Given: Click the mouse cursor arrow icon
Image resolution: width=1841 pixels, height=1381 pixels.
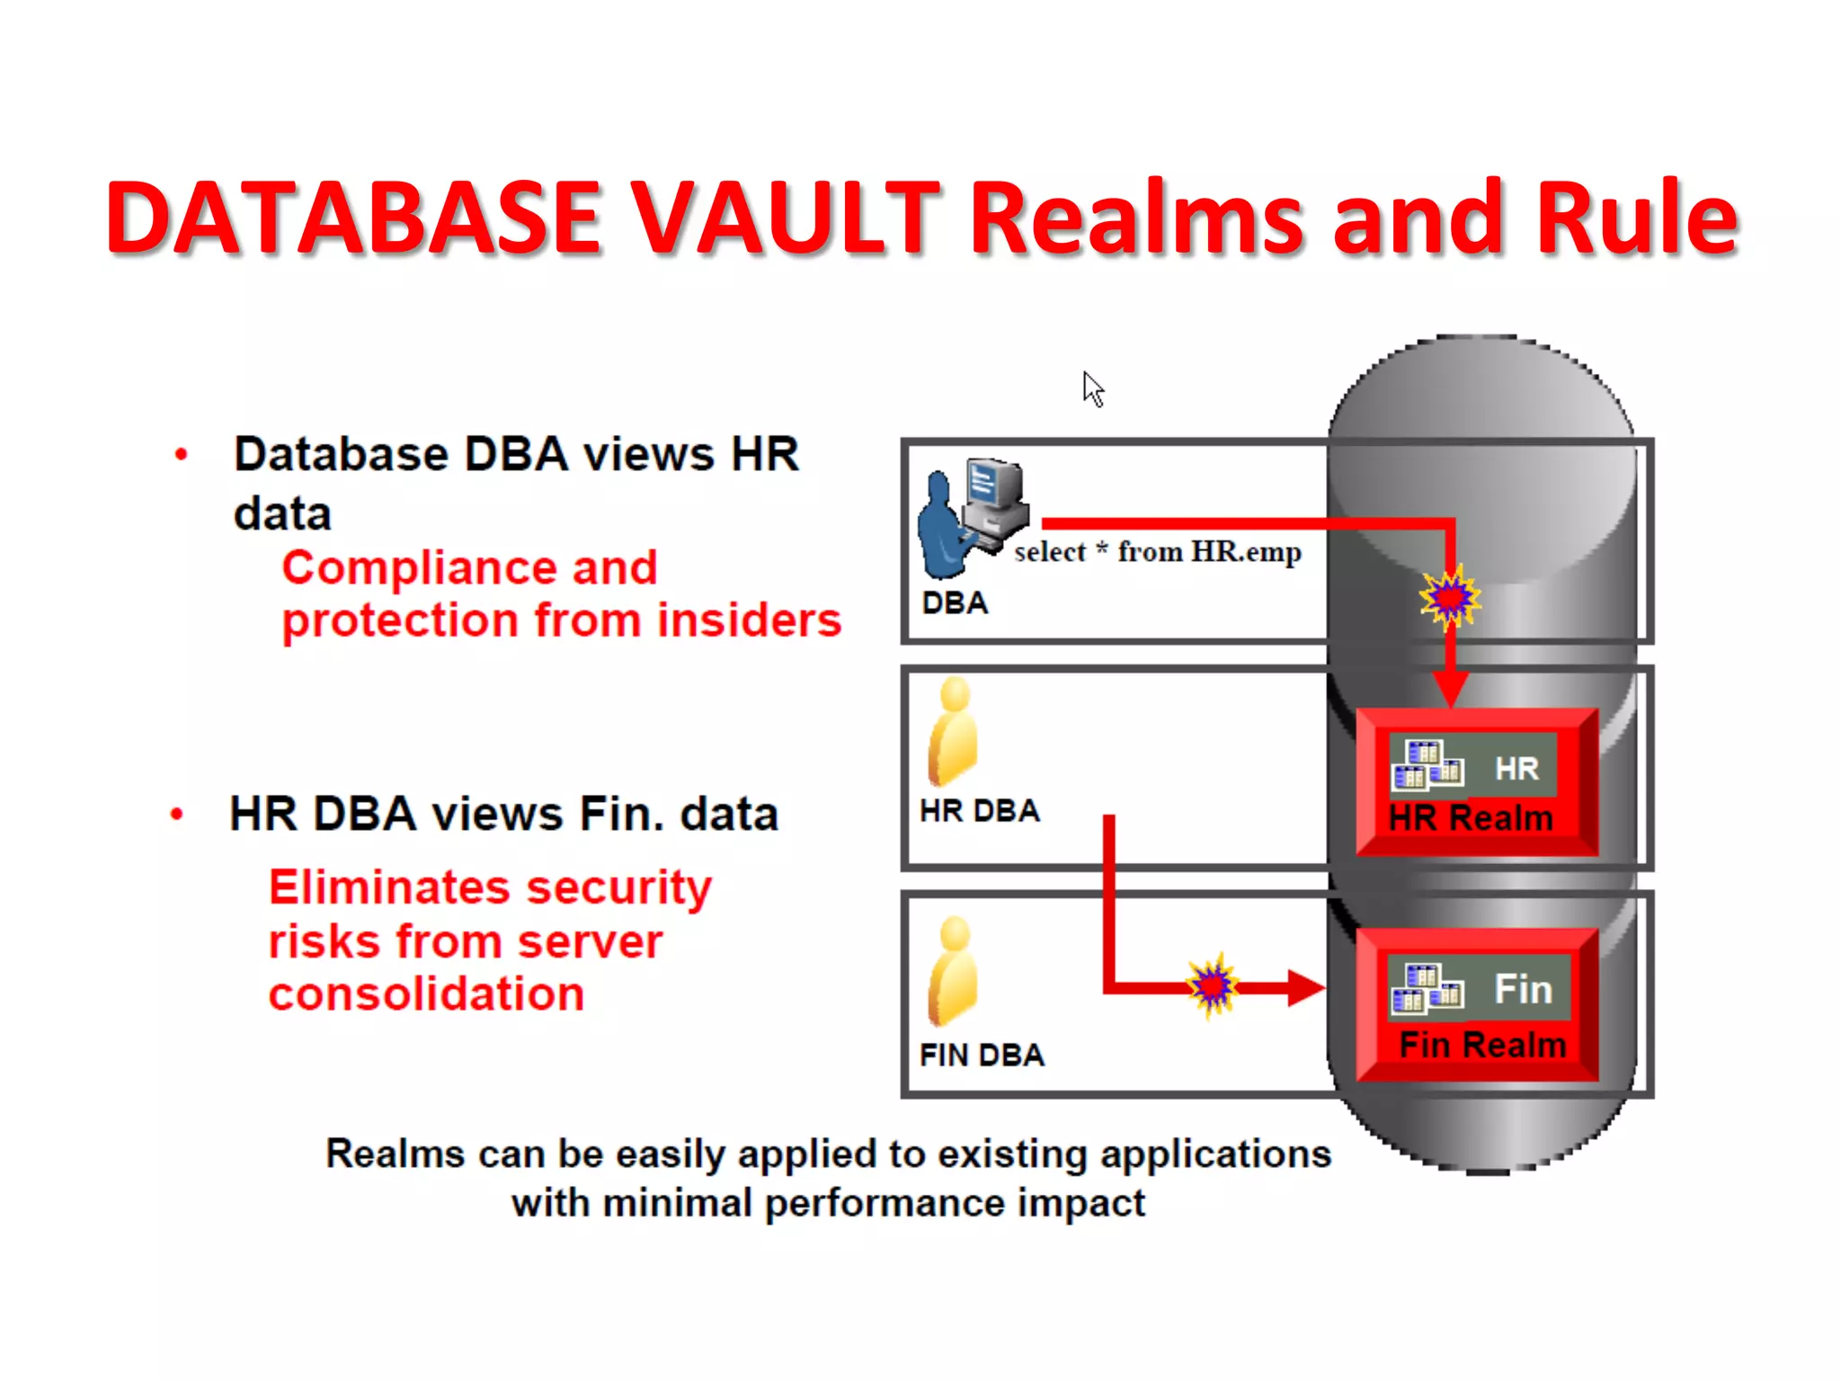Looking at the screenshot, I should (x=1092, y=389).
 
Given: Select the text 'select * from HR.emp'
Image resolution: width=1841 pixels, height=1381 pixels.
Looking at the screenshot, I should (x=1158, y=552).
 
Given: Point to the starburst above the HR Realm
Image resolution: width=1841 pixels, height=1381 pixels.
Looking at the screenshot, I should (x=1449, y=596).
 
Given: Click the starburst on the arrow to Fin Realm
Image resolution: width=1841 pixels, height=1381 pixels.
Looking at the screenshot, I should (x=1213, y=985).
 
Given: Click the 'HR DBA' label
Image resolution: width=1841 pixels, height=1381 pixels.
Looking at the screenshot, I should (x=980, y=811).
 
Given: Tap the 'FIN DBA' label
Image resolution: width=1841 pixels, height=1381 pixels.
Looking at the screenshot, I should (x=982, y=1055).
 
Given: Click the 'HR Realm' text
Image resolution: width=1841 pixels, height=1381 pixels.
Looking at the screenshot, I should (x=1471, y=818).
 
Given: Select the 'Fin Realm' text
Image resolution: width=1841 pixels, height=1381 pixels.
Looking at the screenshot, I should (x=1482, y=1045).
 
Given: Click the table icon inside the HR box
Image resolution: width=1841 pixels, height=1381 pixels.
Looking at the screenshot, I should (x=1427, y=765).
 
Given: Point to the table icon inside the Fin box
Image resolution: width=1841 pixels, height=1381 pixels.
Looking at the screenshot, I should (x=1427, y=987).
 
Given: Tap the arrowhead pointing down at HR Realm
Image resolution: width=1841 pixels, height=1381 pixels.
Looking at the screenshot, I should (x=1450, y=690).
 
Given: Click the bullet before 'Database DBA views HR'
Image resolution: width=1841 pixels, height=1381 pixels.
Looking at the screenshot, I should (x=182, y=455).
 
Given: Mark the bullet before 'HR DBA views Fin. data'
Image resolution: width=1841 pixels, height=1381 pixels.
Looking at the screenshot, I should (x=177, y=815).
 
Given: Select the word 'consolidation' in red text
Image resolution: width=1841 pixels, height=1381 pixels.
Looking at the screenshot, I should (x=426, y=994).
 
